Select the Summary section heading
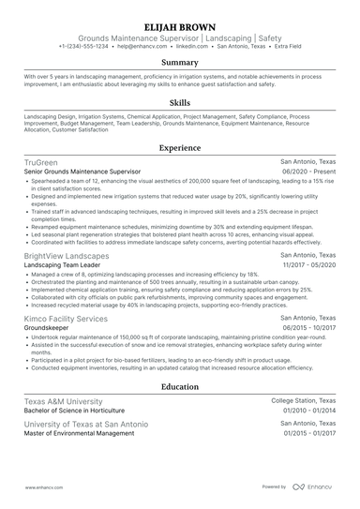point(179,63)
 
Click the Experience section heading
point(179,148)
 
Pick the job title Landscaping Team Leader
point(63,266)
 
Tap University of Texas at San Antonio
point(85,424)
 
